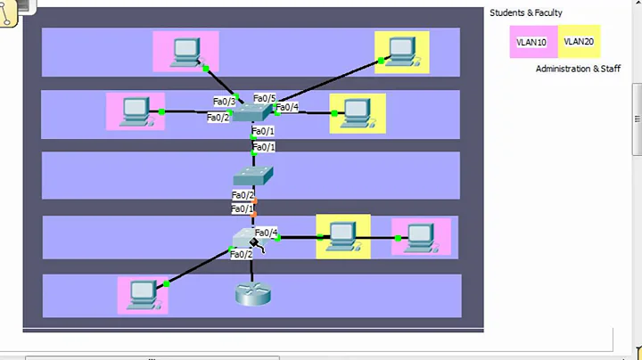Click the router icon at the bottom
[x=252, y=293]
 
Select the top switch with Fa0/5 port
[x=256, y=111]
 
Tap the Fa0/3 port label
[x=224, y=102]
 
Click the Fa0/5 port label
[x=264, y=98]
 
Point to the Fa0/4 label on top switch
[x=286, y=108]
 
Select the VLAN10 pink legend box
[x=531, y=42]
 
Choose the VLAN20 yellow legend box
[x=578, y=41]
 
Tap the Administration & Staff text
[x=578, y=69]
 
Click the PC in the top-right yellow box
[x=400, y=51]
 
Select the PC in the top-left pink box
[x=185, y=51]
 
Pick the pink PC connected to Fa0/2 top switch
[x=136, y=110]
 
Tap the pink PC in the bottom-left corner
[x=143, y=294]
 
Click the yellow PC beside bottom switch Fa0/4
[x=342, y=236]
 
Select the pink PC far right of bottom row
[x=419, y=236]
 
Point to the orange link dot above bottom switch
[x=253, y=215]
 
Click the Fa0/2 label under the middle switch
[x=243, y=194]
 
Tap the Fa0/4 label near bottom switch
[x=266, y=233]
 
